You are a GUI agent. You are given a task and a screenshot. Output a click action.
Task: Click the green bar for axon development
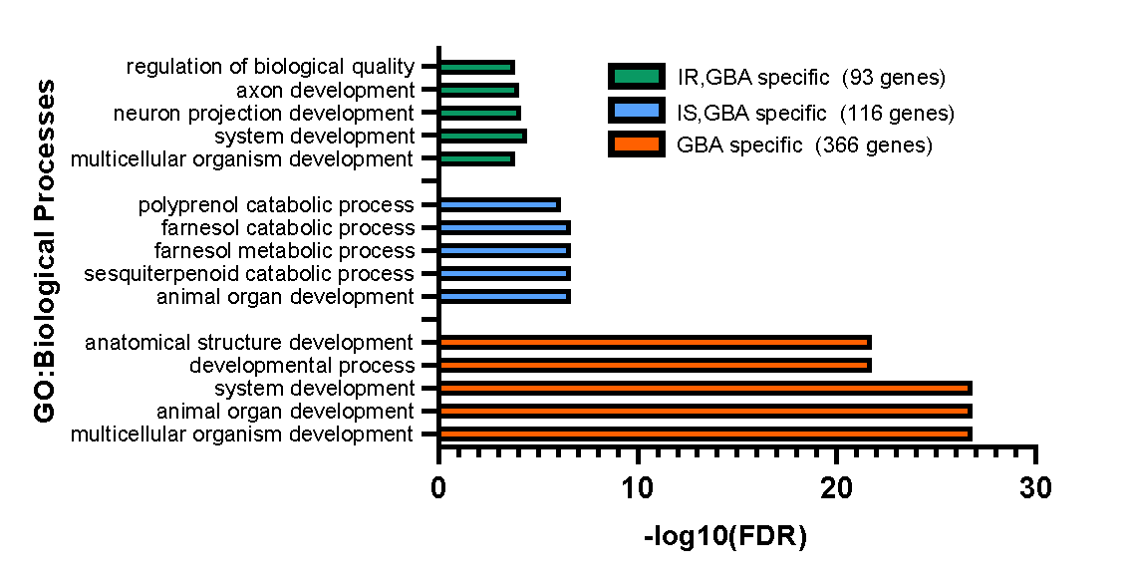point(478,90)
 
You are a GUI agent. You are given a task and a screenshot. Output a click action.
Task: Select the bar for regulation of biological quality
point(476,67)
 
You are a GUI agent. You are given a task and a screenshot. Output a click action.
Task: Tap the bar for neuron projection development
point(479,113)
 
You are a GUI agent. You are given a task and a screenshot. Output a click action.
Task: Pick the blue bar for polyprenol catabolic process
point(499,204)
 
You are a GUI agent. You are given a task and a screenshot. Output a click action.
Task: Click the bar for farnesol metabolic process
point(504,250)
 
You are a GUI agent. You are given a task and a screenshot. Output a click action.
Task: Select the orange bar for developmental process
point(655,365)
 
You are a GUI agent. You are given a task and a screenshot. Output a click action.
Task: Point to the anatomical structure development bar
point(655,342)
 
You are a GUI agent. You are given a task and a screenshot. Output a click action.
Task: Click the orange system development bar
point(705,388)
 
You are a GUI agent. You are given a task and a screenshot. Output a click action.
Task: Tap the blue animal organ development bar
point(504,296)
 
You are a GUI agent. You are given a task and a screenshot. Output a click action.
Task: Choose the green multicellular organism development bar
point(476,158)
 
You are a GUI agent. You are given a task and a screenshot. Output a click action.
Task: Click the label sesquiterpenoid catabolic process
point(249,273)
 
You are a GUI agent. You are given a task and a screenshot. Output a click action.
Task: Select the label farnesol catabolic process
point(287,227)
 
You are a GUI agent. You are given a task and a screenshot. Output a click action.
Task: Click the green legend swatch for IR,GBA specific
point(636,77)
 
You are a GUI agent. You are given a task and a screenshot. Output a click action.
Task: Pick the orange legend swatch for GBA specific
point(636,145)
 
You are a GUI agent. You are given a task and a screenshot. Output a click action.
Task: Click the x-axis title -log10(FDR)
point(725,538)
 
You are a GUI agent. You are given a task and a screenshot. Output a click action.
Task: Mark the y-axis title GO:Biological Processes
point(45,251)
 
